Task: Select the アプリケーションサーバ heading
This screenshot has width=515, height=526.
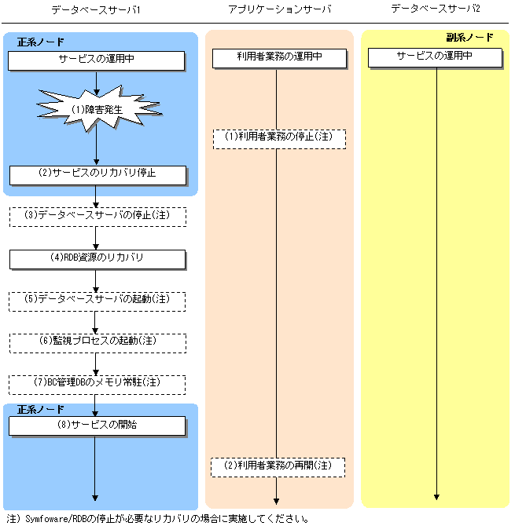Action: [x=278, y=10]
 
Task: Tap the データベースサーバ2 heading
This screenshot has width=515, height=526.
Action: [x=436, y=10]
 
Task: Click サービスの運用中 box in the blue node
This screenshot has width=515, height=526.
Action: [x=97, y=60]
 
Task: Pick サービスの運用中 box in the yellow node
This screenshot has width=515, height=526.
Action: [x=435, y=57]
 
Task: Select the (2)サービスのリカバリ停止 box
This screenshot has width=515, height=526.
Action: [x=97, y=174]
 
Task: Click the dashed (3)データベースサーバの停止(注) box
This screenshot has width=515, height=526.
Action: [x=97, y=216]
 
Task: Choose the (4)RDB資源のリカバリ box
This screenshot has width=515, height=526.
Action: [x=97, y=258]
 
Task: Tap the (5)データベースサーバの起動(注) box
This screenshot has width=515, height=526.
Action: [x=97, y=301]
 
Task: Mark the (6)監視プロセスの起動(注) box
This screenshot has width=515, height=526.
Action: [x=97, y=342]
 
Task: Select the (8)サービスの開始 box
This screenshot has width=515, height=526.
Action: [x=97, y=426]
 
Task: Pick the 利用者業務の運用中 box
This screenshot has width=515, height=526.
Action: [x=278, y=57]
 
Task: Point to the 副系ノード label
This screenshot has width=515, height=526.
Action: [x=469, y=38]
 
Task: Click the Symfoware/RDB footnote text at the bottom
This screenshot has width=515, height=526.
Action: [x=157, y=519]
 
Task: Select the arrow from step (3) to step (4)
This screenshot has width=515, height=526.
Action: [x=96, y=238]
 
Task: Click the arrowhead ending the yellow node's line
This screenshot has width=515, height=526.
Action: [x=436, y=497]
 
